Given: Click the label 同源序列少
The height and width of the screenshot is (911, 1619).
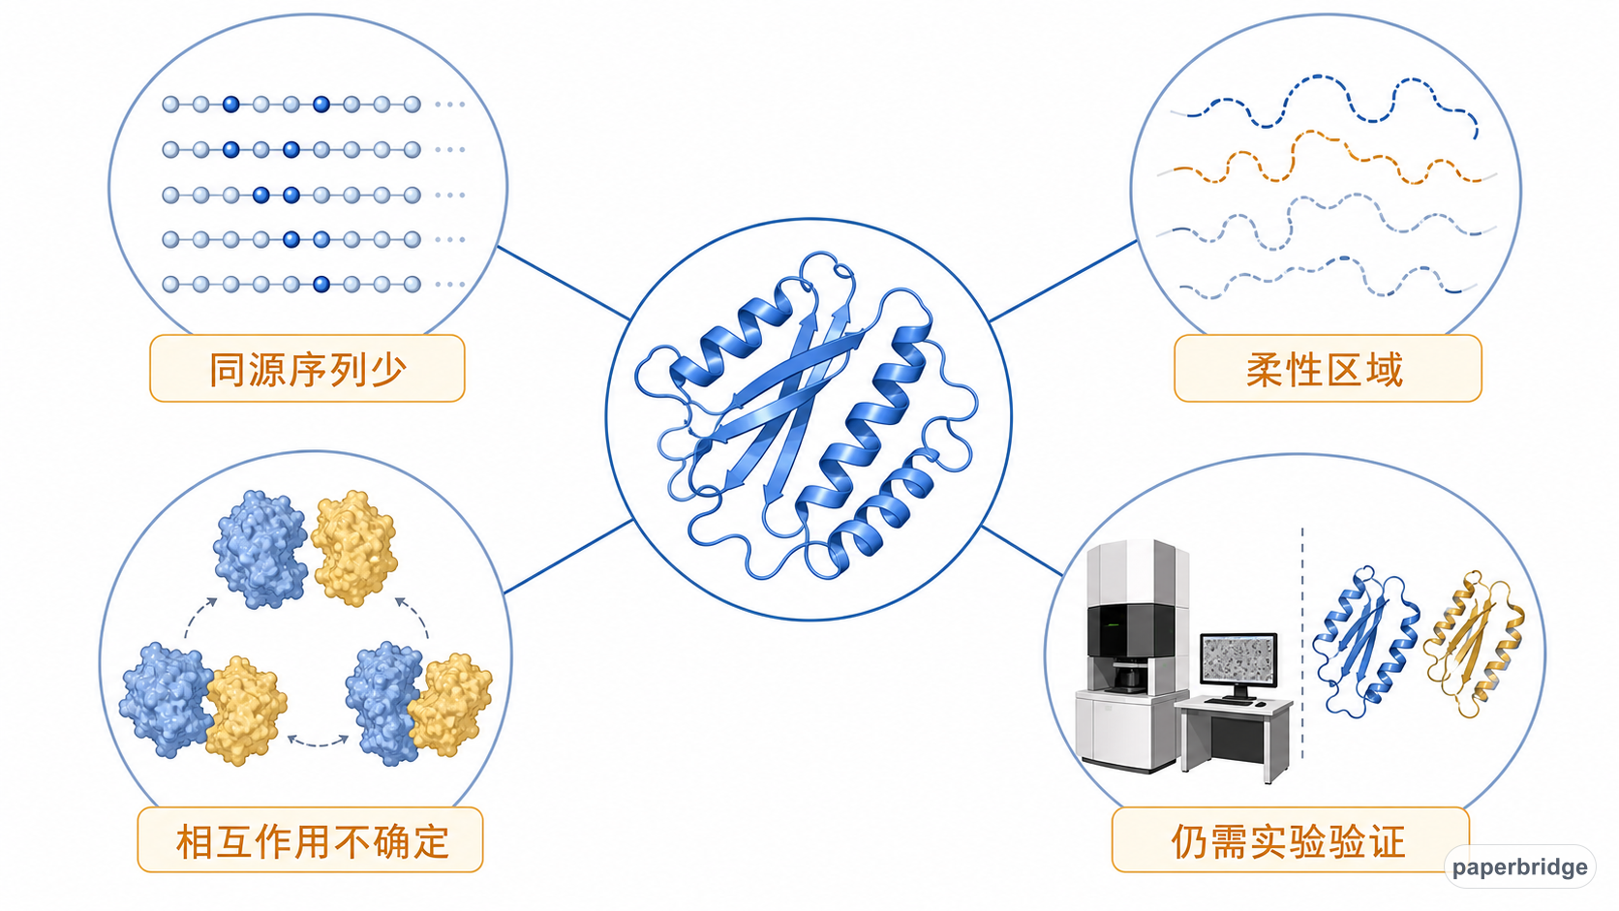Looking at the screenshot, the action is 307,369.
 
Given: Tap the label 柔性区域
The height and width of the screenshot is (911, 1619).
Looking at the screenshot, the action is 1325,369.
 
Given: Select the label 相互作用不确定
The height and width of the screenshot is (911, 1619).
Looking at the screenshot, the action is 312,841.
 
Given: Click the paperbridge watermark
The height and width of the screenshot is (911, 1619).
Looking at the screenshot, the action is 1520,866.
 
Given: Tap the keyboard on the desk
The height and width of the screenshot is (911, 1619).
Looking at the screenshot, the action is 1230,700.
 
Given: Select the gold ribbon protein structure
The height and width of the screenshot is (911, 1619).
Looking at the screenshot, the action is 1475,645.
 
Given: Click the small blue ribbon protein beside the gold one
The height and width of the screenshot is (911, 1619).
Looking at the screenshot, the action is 1364,643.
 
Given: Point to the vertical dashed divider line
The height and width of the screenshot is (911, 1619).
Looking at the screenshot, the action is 1302,643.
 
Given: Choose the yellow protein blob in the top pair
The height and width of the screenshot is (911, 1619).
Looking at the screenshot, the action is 354,547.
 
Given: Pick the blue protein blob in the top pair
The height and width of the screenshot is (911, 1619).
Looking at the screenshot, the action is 260,549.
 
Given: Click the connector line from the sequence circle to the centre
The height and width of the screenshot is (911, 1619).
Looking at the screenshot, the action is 564,283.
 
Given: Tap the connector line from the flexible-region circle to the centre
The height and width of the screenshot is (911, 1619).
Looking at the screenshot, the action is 1062,281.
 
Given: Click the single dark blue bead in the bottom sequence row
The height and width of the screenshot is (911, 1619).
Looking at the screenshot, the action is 321,285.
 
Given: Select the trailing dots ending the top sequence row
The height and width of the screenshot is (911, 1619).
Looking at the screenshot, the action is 449,105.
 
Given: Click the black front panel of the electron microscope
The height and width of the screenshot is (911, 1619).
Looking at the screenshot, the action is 1130,630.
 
